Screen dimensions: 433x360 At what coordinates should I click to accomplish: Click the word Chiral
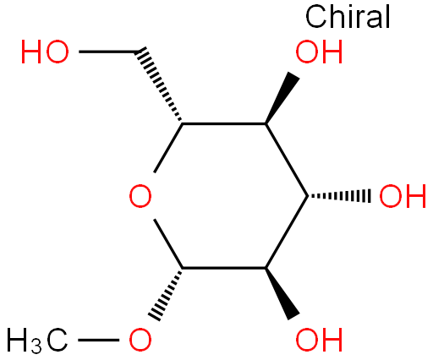click(348, 17)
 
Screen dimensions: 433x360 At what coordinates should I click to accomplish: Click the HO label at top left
click(45, 52)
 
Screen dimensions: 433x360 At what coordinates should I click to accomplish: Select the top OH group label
click(319, 52)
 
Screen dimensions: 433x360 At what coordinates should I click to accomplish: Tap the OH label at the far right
click(403, 196)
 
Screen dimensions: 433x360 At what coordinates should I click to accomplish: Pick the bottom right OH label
click(319, 340)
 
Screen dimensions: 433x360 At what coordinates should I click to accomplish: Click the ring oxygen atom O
click(140, 196)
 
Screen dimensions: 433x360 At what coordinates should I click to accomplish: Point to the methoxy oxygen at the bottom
click(140, 340)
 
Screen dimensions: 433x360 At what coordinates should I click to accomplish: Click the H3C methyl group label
click(36, 341)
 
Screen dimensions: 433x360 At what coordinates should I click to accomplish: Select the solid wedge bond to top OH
click(282, 98)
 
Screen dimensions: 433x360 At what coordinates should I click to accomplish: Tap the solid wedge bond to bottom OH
click(282, 293)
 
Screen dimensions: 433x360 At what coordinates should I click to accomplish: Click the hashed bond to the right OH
click(339, 196)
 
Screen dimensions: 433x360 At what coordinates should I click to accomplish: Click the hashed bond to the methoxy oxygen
click(165, 294)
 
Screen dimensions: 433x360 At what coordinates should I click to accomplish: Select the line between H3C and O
click(98, 341)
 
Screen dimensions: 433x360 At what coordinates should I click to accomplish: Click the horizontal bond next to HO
click(107, 52)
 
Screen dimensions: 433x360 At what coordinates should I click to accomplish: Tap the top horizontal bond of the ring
click(224, 123)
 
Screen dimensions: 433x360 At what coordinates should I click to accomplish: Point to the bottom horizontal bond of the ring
click(224, 268)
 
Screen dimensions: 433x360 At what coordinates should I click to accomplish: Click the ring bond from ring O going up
click(168, 148)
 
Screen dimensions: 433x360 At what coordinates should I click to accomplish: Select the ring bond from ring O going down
click(168, 244)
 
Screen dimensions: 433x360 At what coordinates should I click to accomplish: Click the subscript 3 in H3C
click(36, 346)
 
